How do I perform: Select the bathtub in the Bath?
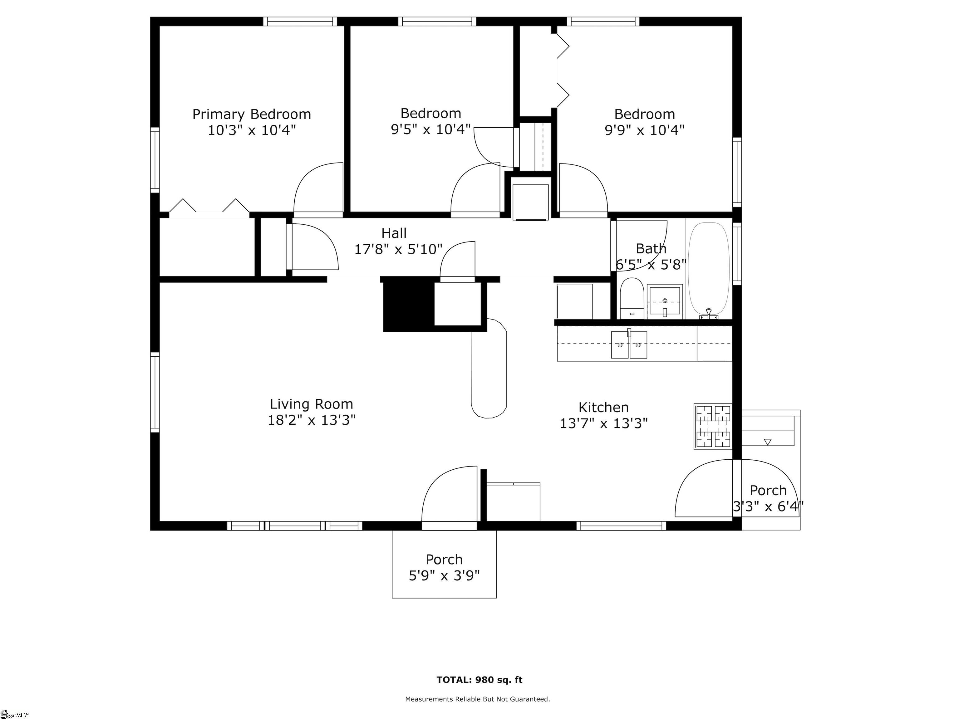(709, 269)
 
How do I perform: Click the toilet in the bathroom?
(632, 298)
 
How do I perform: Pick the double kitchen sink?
(629, 345)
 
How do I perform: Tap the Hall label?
(394, 233)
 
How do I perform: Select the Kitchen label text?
(603, 407)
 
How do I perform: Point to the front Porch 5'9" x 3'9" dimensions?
(445, 575)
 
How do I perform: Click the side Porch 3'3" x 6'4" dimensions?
(768, 506)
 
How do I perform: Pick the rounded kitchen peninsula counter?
(489, 368)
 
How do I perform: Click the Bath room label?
(651, 248)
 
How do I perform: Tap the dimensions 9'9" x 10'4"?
(644, 130)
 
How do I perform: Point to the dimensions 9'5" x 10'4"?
(430, 129)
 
